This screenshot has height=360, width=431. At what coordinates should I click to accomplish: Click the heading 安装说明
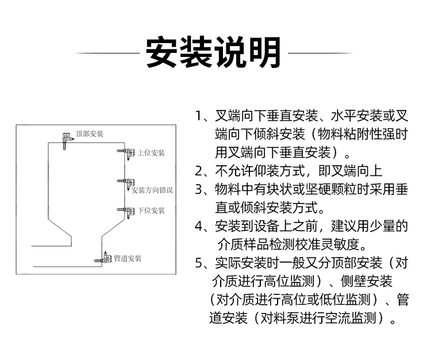click(213, 52)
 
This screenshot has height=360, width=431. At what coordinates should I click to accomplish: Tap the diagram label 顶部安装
click(90, 134)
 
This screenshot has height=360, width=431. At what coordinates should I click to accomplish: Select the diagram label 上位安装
click(151, 153)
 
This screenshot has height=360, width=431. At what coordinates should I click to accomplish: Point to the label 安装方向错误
click(152, 190)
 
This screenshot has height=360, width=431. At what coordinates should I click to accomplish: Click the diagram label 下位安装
click(151, 210)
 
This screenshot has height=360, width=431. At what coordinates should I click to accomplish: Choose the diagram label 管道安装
click(128, 259)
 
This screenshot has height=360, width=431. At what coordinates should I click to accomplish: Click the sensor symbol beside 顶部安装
click(67, 141)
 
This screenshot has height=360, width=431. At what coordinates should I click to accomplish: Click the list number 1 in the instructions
click(198, 116)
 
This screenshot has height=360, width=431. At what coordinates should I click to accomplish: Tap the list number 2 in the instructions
click(199, 171)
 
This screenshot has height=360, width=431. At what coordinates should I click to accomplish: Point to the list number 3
click(199, 189)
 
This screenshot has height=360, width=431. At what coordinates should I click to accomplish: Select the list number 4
click(199, 227)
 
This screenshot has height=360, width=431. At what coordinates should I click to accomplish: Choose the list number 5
click(199, 263)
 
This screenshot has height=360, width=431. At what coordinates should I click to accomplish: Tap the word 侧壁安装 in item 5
click(367, 281)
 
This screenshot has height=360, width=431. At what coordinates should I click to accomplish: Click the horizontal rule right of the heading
click(321, 53)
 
